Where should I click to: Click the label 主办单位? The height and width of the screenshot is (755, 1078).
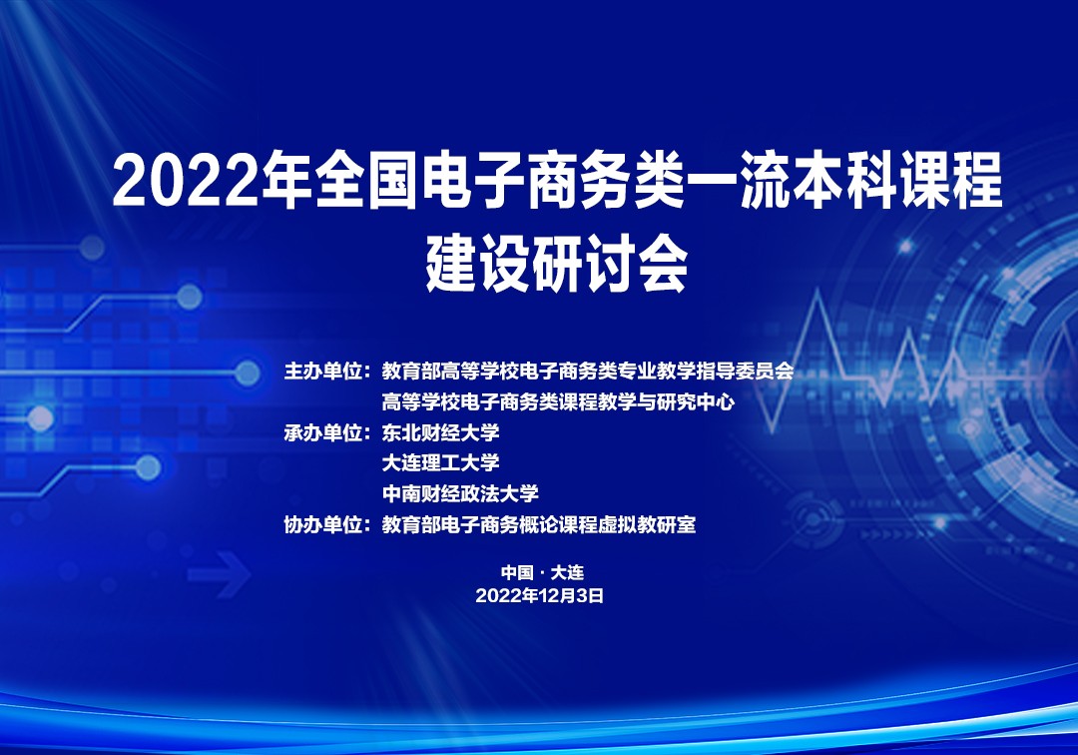(322, 372)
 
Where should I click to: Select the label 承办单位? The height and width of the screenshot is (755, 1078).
(322, 433)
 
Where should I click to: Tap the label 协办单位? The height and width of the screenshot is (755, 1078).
(322, 525)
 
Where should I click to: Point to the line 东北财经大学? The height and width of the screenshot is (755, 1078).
(441, 433)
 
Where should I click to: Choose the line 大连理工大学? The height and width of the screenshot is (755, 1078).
(441, 462)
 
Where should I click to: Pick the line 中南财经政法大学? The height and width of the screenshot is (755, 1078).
(460, 493)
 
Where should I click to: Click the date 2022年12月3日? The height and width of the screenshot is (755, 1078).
(540, 595)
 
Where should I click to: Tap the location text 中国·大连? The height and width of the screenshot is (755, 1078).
(542, 572)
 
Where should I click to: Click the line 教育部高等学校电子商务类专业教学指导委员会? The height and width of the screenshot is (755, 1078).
(588, 372)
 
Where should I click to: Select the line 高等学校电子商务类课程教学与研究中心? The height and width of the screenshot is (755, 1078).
(558, 402)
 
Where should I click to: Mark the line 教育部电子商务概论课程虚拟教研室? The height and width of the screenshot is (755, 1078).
(539, 525)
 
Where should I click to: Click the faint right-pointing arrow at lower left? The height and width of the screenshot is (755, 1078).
(220, 573)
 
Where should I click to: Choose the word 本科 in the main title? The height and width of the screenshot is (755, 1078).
(845, 180)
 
